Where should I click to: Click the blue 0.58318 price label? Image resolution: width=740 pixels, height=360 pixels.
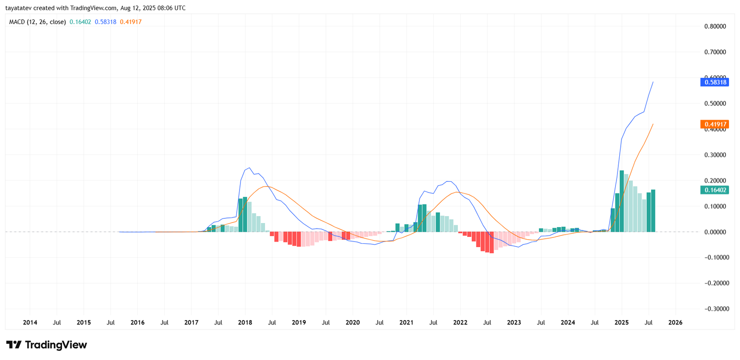click(x=715, y=82)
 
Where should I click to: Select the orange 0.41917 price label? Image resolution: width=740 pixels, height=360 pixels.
click(x=715, y=124)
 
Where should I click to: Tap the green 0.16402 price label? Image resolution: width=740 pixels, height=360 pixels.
click(x=715, y=190)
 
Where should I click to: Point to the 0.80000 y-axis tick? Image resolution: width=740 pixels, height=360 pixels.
click(x=715, y=26)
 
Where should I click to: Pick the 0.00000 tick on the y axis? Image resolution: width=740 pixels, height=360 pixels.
click(x=715, y=232)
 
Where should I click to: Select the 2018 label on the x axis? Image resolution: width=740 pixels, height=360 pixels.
click(x=245, y=323)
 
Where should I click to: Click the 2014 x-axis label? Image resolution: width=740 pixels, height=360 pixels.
click(x=30, y=323)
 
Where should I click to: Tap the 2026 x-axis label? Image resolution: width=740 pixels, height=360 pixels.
click(x=675, y=323)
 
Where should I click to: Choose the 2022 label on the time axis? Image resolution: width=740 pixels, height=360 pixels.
click(x=460, y=323)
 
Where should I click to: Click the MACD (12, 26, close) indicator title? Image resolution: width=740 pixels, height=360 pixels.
click(x=37, y=22)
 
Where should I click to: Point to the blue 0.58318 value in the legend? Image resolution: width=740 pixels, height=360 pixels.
click(x=105, y=22)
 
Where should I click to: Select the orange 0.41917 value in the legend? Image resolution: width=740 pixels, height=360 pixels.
click(x=131, y=22)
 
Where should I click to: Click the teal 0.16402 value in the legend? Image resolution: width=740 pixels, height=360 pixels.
click(x=80, y=22)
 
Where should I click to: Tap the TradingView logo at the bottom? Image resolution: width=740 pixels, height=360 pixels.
click(x=47, y=345)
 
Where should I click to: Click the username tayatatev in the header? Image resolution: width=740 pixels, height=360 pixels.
click(x=18, y=8)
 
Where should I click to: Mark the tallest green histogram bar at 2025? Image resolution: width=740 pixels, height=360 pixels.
click(x=622, y=201)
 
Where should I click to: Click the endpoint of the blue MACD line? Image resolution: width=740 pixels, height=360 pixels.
click(x=653, y=82)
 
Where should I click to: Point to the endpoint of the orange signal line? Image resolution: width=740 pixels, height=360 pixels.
click(x=653, y=124)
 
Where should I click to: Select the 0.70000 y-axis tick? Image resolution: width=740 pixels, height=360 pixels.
click(x=715, y=52)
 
